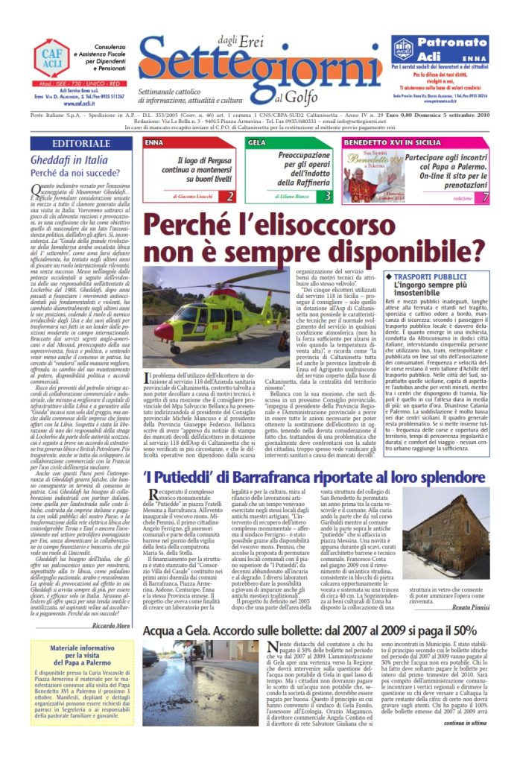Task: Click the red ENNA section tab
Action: [155, 142]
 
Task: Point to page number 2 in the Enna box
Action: [231, 197]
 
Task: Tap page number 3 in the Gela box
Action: [329, 197]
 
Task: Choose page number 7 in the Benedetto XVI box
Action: [485, 197]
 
